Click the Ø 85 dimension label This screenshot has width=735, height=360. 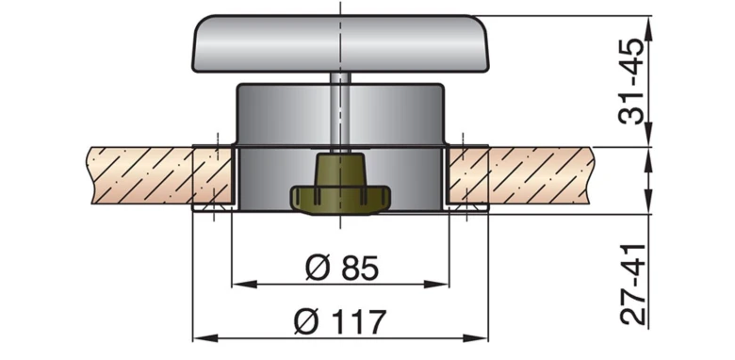[341, 269]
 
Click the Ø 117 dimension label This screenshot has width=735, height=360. [340, 322]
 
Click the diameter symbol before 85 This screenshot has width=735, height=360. [316, 269]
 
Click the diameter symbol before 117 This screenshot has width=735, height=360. [306, 322]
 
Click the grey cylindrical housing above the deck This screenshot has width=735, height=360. [283, 118]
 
